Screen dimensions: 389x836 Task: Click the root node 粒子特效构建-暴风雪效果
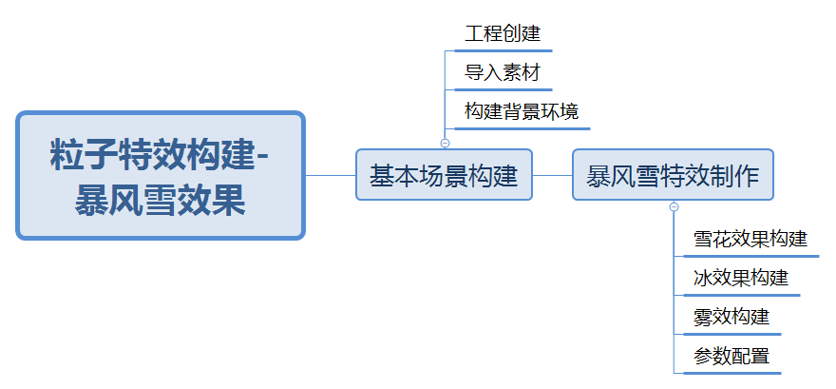coord(161,175)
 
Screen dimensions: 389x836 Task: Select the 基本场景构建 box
coord(444,175)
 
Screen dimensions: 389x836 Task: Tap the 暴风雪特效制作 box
coord(673,175)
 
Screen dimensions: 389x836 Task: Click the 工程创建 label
coord(502,34)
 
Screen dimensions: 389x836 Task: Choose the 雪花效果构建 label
coord(750,239)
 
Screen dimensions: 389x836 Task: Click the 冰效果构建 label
coord(740,278)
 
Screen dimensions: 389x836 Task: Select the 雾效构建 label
coord(731,317)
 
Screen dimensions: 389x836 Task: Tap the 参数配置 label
coord(731,357)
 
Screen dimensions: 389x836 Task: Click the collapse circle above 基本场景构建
coord(445,143)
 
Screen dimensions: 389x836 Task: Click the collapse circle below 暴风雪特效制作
coord(674,206)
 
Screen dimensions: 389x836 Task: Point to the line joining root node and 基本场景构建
coord(330,175)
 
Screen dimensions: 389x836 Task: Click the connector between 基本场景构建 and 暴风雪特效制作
coord(552,175)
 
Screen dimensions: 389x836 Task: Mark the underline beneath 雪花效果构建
coord(750,256)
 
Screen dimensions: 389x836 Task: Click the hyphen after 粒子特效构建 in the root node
coord(263,152)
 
